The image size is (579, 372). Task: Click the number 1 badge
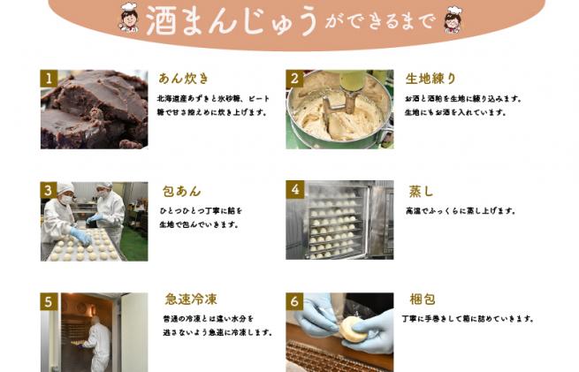pos(49,78)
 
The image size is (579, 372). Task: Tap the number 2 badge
pos(294,78)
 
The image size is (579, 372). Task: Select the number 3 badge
pos(49,189)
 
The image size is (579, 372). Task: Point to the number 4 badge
pos(294,189)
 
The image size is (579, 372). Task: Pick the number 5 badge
pos(49,300)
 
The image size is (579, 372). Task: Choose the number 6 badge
pos(294,300)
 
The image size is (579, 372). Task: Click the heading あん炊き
pos(183,79)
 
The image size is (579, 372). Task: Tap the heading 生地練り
pos(430,79)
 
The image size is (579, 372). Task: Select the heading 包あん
pos(180,191)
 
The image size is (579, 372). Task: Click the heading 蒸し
pos(420,191)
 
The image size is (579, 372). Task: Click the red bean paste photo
pos(94,110)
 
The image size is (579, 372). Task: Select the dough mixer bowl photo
pos(339,110)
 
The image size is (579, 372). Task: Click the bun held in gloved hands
pos(353,328)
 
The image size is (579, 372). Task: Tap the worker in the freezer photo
pos(98,345)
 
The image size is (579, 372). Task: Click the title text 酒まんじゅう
pos(232,19)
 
